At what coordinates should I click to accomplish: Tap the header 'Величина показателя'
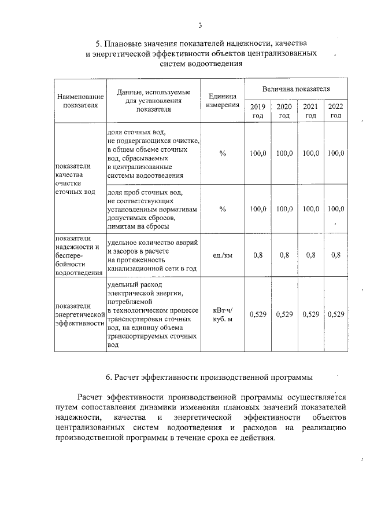(296, 90)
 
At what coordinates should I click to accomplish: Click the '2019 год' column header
(257, 111)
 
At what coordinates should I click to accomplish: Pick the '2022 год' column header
(335, 111)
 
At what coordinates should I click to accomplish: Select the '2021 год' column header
(310, 111)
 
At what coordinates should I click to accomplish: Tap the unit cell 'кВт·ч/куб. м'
(222, 314)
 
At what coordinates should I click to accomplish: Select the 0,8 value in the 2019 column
(257, 255)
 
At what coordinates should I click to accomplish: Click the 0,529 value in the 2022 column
(335, 314)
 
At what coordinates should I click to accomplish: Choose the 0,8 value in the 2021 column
(310, 255)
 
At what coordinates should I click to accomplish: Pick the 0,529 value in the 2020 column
(284, 314)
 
